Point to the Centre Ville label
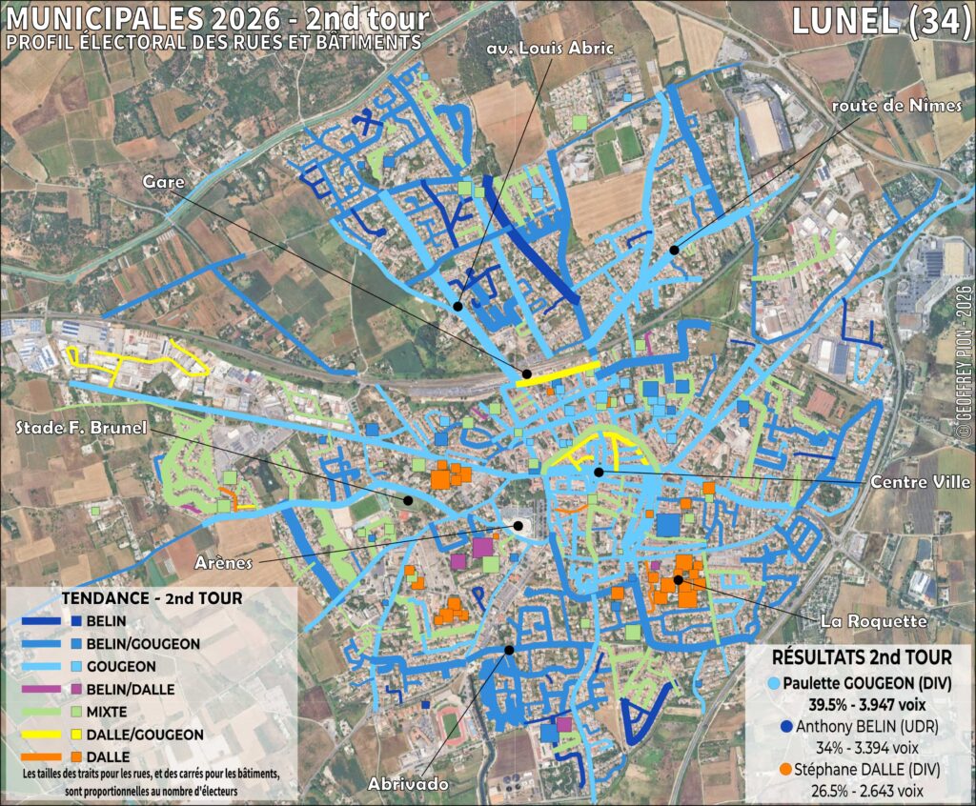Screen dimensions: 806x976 (920, 483)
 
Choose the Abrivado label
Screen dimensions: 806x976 (408, 783)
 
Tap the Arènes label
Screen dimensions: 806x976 (226, 562)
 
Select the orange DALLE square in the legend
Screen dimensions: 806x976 (75, 756)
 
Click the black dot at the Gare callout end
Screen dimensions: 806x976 (524, 373)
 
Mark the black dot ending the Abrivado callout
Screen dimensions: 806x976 (509, 650)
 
